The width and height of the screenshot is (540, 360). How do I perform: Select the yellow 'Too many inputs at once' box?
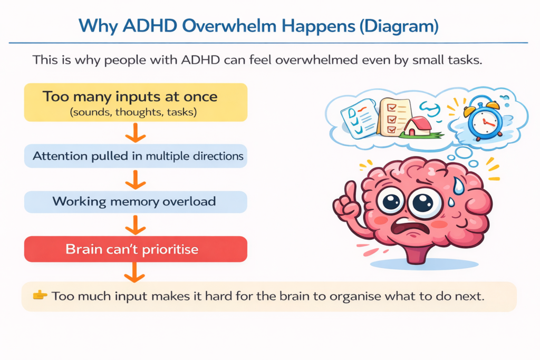[136, 102]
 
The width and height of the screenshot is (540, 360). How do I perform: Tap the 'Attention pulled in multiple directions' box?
[136, 157]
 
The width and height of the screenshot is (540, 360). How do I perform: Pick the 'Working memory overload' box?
[136, 201]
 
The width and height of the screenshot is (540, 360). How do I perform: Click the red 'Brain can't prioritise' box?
[136, 249]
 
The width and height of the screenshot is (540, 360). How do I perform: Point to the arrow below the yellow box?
[136, 133]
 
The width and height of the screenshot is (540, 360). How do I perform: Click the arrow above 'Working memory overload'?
[136, 179]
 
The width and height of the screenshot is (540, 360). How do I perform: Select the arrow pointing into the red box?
[136, 225]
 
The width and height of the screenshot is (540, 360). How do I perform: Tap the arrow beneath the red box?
[136, 271]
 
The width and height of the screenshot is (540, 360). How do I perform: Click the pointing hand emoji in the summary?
[40, 296]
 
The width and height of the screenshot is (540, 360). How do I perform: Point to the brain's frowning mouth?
[411, 230]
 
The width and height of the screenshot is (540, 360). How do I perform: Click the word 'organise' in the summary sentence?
[354, 296]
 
